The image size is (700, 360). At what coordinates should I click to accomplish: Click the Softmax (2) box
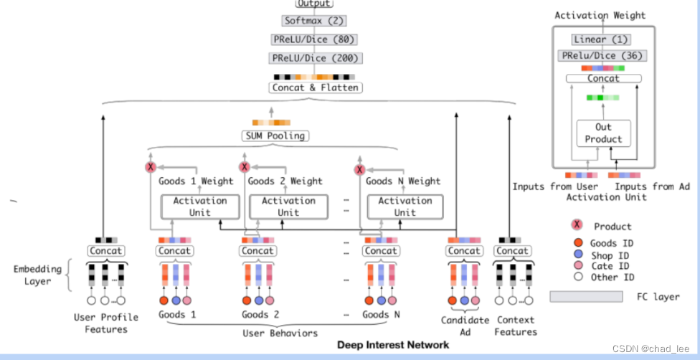tap(314, 21)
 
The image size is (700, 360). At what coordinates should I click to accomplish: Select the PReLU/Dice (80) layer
tap(314, 39)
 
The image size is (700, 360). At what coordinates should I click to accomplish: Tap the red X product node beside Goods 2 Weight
tap(244, 168)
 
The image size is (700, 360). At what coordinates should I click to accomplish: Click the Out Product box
tap(603, 133)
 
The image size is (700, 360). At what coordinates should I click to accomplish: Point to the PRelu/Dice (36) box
tap(603, 55)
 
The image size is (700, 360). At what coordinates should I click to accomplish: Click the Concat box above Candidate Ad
tap(464, 251)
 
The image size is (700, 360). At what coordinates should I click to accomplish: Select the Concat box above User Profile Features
tap(106, 251)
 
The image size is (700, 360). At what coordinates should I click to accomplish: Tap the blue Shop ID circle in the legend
tap(577, 255)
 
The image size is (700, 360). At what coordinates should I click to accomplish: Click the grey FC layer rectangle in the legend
tap(586, 296)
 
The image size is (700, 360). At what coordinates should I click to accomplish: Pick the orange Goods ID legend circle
tap(577, 243)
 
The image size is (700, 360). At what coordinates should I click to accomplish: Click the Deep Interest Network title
tap(393, 345)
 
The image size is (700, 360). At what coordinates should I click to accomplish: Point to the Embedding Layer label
tap(33, 275)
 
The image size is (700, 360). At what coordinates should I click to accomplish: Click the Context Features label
tap(515, 326)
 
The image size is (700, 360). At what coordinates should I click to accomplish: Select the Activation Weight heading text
tap(600, 15)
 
